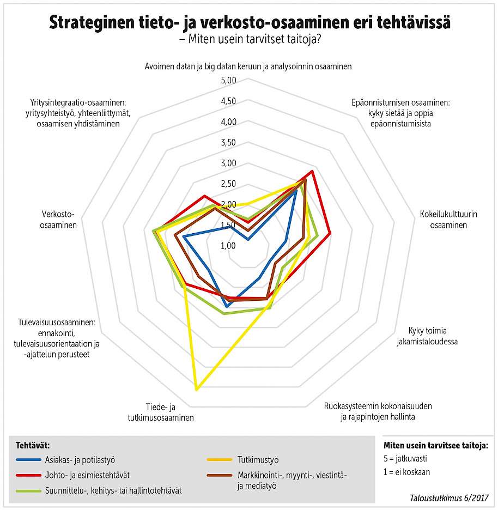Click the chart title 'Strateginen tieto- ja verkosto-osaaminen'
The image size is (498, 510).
point(249,23)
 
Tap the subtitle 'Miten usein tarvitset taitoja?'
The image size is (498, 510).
point(249,40)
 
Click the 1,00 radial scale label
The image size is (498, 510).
point(228,246)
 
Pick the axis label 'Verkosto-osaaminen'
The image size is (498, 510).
point(58,219)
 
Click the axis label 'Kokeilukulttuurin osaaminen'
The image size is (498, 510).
point(448,219)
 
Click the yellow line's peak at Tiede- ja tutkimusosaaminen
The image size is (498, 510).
point(196,389)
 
